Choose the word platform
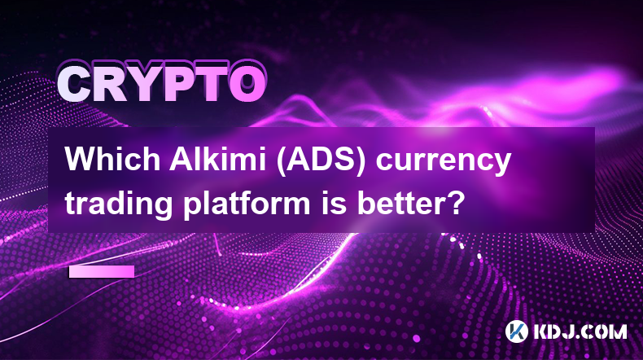(x=246, y=202)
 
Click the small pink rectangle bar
(x=101, y=272)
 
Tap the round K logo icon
(x=516, y=331)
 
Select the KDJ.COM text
(x=580, y=331)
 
